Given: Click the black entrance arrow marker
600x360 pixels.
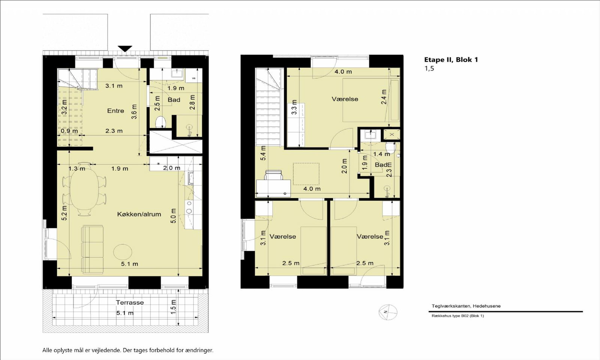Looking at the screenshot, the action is pyautogui.click(x=125, y=49).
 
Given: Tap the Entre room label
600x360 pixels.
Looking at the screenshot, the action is pyautogui.click(x=115, y=111).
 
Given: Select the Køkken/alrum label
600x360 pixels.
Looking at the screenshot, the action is pyautogui.click(x=139, y=214).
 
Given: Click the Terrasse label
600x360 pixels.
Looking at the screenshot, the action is pyautogui.click(x=130, y=302).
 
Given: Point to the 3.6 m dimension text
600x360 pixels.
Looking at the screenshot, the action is pyautogui.click(x=135, y=111).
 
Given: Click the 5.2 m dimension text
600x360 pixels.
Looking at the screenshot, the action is pyautogui.click(x=64, y=213).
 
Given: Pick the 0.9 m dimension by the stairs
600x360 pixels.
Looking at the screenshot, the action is pyautogui.click(x=69, y=131).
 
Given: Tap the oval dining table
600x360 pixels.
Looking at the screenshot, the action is pyautogui.click(x=84, y=189).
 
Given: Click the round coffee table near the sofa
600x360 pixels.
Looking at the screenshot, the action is pyautogui.click(x=123, y=251).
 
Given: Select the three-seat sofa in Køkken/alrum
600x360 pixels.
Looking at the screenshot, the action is pyautogui.click(x=93, y=249).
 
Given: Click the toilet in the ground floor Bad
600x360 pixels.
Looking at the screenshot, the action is pyautogui.click(x=161, y=122).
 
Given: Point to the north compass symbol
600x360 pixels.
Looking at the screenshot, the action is pyautogui.click(x=388, y=312).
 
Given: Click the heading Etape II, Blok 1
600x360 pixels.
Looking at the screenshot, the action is pyautogui.click(x=451, y=60).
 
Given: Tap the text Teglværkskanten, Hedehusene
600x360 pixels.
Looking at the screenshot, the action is pyautogui.click(x=466, y=306).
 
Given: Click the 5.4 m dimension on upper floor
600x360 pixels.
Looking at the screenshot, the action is pyautogui.click(x=263, y=153).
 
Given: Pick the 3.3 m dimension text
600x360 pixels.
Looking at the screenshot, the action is pyautogui.click(x=294, y=107).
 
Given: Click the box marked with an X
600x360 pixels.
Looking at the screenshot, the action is pyautogui.click(x=392, y=135).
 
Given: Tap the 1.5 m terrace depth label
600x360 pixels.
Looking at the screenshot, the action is pyautogui.click(x=174, y=307).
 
